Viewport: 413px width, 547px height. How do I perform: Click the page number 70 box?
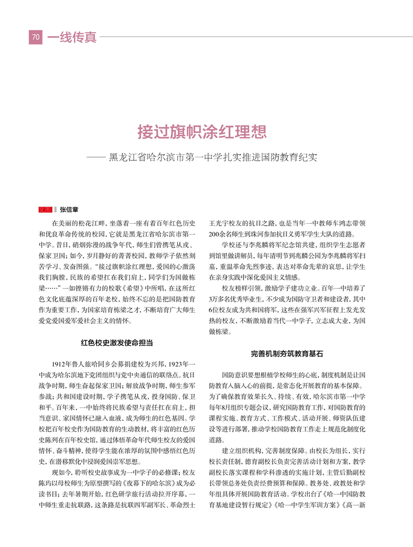(x=35, y=37)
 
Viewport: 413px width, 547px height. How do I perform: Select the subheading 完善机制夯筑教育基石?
(x=287, y=354)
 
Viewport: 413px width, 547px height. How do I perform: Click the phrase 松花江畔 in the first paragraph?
(x=96, y=223)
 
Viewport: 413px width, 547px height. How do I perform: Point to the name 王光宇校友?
(x=230, y=223)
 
